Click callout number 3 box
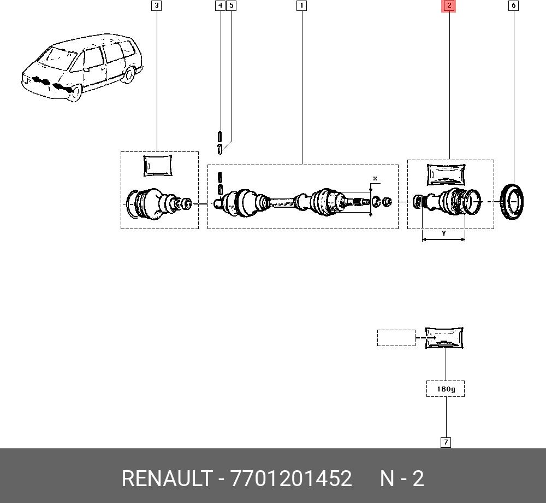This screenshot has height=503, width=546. [157, 5]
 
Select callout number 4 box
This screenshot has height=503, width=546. [220, 5]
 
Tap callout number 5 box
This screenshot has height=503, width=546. [231, 5]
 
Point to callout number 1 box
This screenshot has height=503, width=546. [301, 5]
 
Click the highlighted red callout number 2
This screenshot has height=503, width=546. [449, 5]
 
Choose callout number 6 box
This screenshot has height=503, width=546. [513, 5]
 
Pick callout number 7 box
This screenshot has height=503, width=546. [446, 442]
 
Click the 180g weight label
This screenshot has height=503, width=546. [446, 389]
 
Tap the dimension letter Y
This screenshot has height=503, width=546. [443, 233]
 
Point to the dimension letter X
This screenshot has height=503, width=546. [375, 178]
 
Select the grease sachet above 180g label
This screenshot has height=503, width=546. [444, 338]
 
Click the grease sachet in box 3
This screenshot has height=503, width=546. [158, 166]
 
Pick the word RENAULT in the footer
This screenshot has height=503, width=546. [167, 478]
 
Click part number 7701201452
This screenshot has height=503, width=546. [291, 478]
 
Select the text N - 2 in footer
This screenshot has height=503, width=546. [402, 478]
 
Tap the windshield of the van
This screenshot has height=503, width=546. [57, 58]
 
